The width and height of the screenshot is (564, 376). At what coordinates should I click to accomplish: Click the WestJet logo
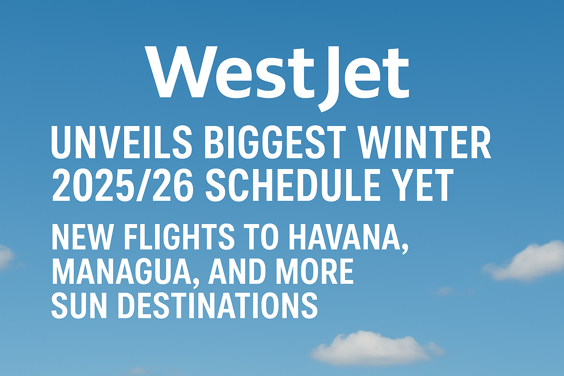(x=277, y=78)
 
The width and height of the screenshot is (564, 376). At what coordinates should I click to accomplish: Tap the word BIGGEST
(x=275, y=142)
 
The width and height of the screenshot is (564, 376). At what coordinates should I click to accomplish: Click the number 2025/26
(x=123, y=185)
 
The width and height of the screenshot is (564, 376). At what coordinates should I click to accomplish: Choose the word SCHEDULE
(x=292, y=185)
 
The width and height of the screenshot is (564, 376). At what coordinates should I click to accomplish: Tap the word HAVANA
(x=345, y=237)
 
